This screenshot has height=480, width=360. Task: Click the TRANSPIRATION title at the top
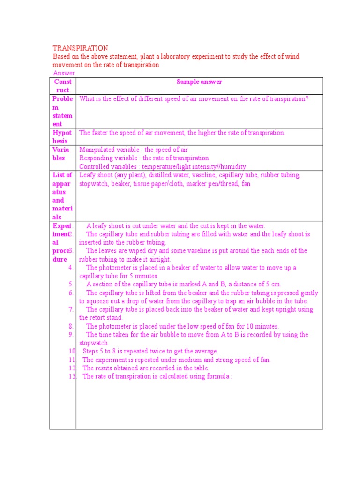[80, 48]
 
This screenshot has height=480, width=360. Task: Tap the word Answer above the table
[64, 73]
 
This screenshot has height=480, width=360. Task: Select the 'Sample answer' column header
[199, 82]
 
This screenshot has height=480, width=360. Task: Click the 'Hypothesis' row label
[62, 137]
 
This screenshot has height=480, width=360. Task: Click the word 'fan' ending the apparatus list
[246, 184]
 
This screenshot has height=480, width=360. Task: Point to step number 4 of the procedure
[71, 268]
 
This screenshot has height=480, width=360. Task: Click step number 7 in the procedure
[71, 309]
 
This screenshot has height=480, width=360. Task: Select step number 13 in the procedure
[72, 376]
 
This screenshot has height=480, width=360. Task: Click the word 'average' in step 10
[205, 351]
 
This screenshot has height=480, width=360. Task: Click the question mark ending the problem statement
[307, 99]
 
